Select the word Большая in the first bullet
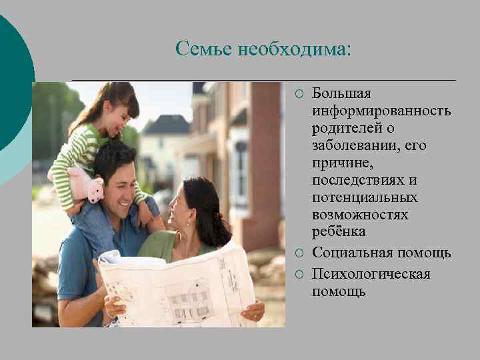point(342,93)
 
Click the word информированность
point(381,110)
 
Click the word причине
point(337,163)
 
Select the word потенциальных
point(365,197)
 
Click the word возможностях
point(361,215)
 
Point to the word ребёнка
point(339,233)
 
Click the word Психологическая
point(371,274)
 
